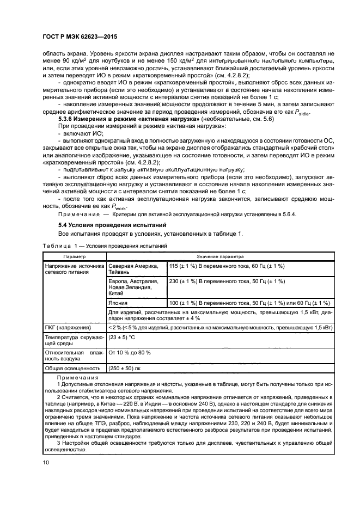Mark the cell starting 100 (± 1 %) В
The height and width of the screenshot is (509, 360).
click(x=249, y=303)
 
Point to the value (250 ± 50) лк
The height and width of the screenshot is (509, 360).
click(x=126, y=368)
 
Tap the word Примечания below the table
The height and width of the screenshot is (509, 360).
click(x=78, y=378)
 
